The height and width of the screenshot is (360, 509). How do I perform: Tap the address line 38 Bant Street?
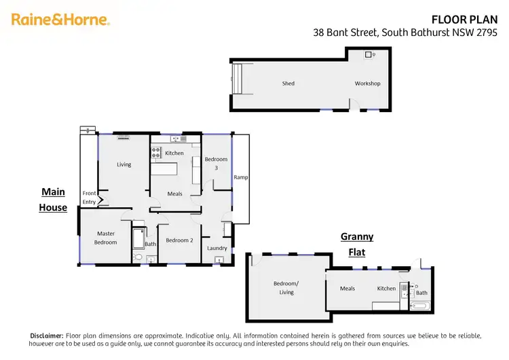click(405, 32)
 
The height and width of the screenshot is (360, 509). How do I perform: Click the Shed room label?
click(288, 84)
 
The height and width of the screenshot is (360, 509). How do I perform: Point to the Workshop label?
click(367, 84)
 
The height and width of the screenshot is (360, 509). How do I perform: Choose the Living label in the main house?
click(124, 164)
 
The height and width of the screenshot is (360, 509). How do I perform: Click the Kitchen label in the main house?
click(174, 154)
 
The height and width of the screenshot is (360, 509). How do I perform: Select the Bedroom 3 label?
click(216, 163)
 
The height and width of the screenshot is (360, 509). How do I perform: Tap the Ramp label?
click(241, 177)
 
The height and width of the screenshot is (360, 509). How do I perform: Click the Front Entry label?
click(89, 197)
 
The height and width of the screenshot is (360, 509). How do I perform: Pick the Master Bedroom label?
click(105, 238)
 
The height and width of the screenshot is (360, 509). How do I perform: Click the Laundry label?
click(217, 248)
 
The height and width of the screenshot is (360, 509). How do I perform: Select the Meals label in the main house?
click(174, 194)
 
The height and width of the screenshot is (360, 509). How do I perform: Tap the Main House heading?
click(53, 200)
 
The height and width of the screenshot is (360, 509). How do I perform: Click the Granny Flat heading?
click(356, 245)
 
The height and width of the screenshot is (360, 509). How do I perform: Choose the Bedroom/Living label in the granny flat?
click(286, 287)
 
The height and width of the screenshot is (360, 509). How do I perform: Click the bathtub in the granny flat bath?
click(420, 306)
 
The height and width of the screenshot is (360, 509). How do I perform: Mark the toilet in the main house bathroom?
click(138, 258)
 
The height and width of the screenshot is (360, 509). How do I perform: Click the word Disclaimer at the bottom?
click(47, 336)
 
